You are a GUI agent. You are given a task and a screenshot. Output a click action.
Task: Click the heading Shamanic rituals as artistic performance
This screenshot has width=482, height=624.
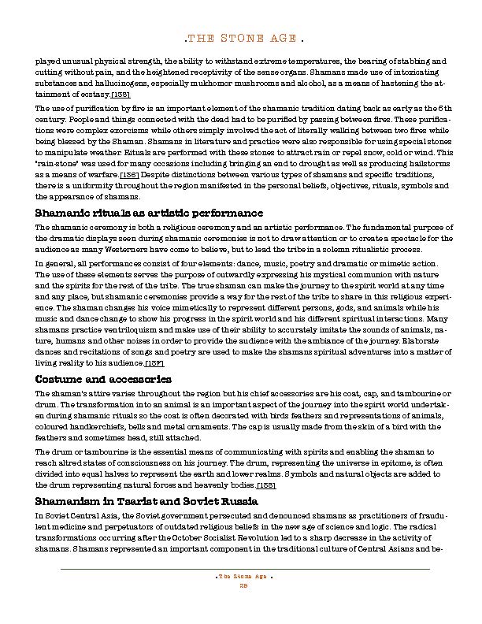tap(149, 213)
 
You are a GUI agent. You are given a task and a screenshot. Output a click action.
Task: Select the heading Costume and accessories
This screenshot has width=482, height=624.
tap(103, 379)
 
